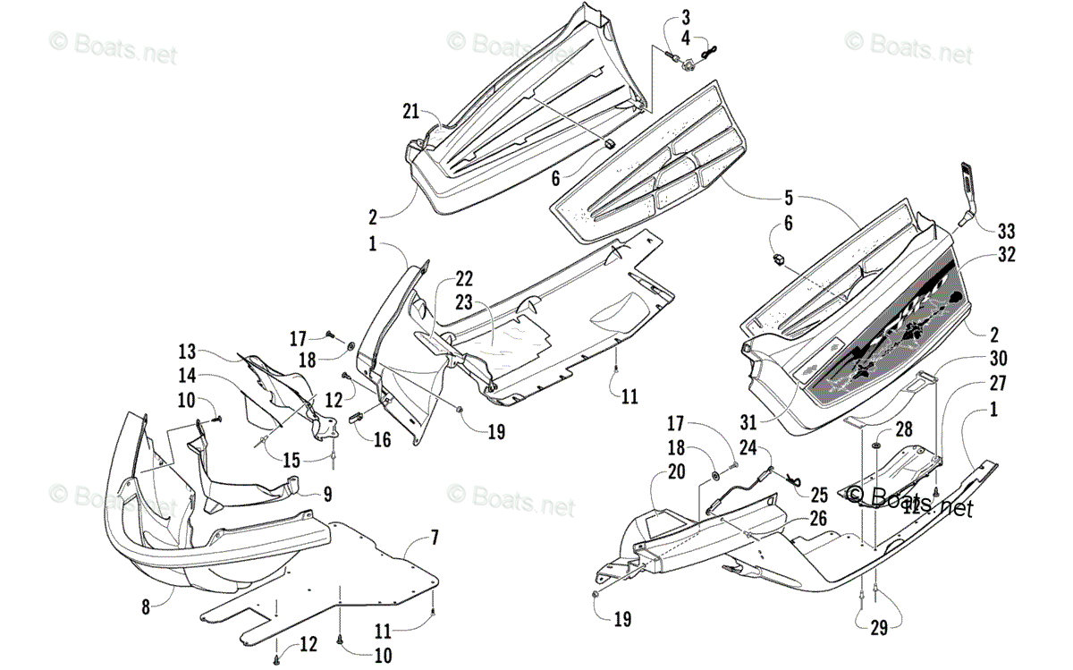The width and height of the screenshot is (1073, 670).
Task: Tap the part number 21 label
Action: pyautogui.click(x=410, y=112)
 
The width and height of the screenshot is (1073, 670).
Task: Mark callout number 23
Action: pyautogui.click(x=464, y=302)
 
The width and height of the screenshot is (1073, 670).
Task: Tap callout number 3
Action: pyautogui.click(x=685, y=18)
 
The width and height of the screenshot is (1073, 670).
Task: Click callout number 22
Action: pyautogui.click(x=464, y=278)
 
